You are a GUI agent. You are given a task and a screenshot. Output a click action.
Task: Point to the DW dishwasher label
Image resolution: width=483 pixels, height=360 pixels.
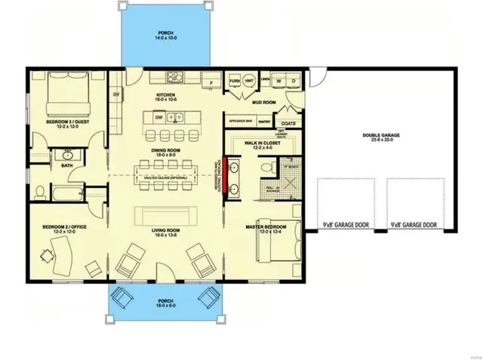[x=159, y=118]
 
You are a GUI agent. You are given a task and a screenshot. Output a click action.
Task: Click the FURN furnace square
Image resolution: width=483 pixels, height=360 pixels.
[x=235, y=79]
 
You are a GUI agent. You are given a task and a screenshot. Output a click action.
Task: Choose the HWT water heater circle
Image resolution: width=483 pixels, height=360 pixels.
[x=248, y=80]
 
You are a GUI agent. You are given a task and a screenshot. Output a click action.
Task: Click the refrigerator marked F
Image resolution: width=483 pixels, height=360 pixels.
[x=211, y=79]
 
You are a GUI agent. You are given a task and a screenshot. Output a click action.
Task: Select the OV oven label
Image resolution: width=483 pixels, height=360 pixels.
[x=117, y=94]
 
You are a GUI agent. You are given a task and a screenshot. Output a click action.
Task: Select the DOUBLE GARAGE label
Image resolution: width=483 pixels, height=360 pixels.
[x=380, y=136]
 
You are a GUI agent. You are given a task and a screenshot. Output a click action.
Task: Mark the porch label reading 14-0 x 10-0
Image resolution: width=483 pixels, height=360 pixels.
[x=165, y=35]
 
